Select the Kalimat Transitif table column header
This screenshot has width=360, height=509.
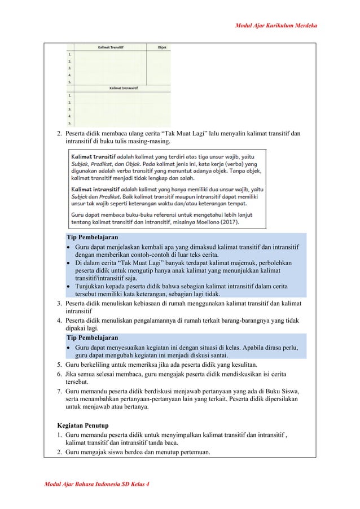click(x=111, y=47)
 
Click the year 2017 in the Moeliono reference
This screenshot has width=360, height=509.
click(x=229, y=222)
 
